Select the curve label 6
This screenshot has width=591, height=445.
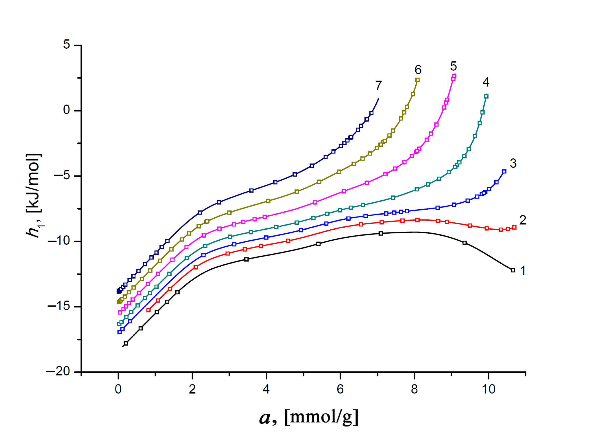tap(418, 70)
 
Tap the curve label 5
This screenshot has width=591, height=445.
tap(453, 66)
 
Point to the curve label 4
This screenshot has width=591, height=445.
tap(486, 82)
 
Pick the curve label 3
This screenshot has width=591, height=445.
tap(513, 163)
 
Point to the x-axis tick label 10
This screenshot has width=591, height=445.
tap(489, 389)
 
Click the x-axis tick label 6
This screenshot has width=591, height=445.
tap(340, 389)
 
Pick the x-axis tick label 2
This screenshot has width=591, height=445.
tap(192, 389)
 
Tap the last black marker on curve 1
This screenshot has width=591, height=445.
tap(513, 270)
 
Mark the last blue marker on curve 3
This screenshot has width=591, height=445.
tap(504, 171)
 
